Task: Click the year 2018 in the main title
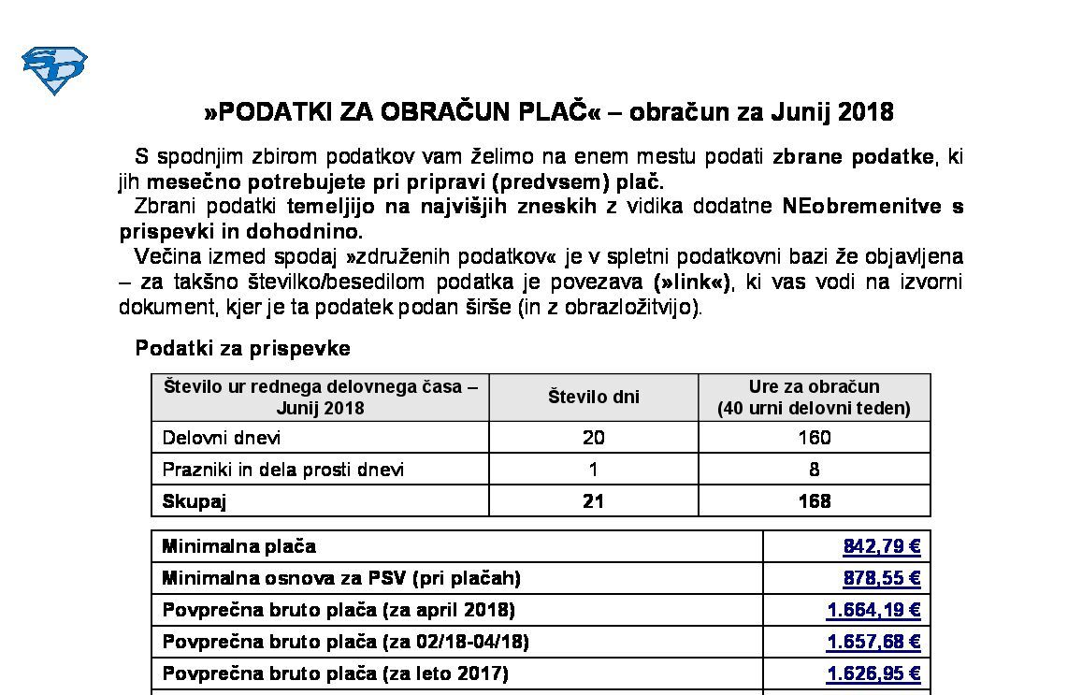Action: (866, 112)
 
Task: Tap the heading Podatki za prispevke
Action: (242, 348)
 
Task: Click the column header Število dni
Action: (593, 397)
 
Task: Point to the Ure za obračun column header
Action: (814, 397)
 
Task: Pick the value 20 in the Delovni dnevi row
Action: (593, 438)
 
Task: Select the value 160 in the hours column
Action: (814, 438)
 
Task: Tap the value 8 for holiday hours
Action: (815, 470)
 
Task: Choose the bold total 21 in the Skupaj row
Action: (593, 501)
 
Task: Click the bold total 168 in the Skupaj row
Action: (814, 501)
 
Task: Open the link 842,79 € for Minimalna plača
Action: (881, 546)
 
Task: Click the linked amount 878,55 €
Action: (881, 578)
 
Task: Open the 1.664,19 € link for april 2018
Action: (873, 610)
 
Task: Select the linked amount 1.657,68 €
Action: (873, 642)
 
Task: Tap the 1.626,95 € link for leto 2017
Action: (873, 673)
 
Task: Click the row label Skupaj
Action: (195, 501)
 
